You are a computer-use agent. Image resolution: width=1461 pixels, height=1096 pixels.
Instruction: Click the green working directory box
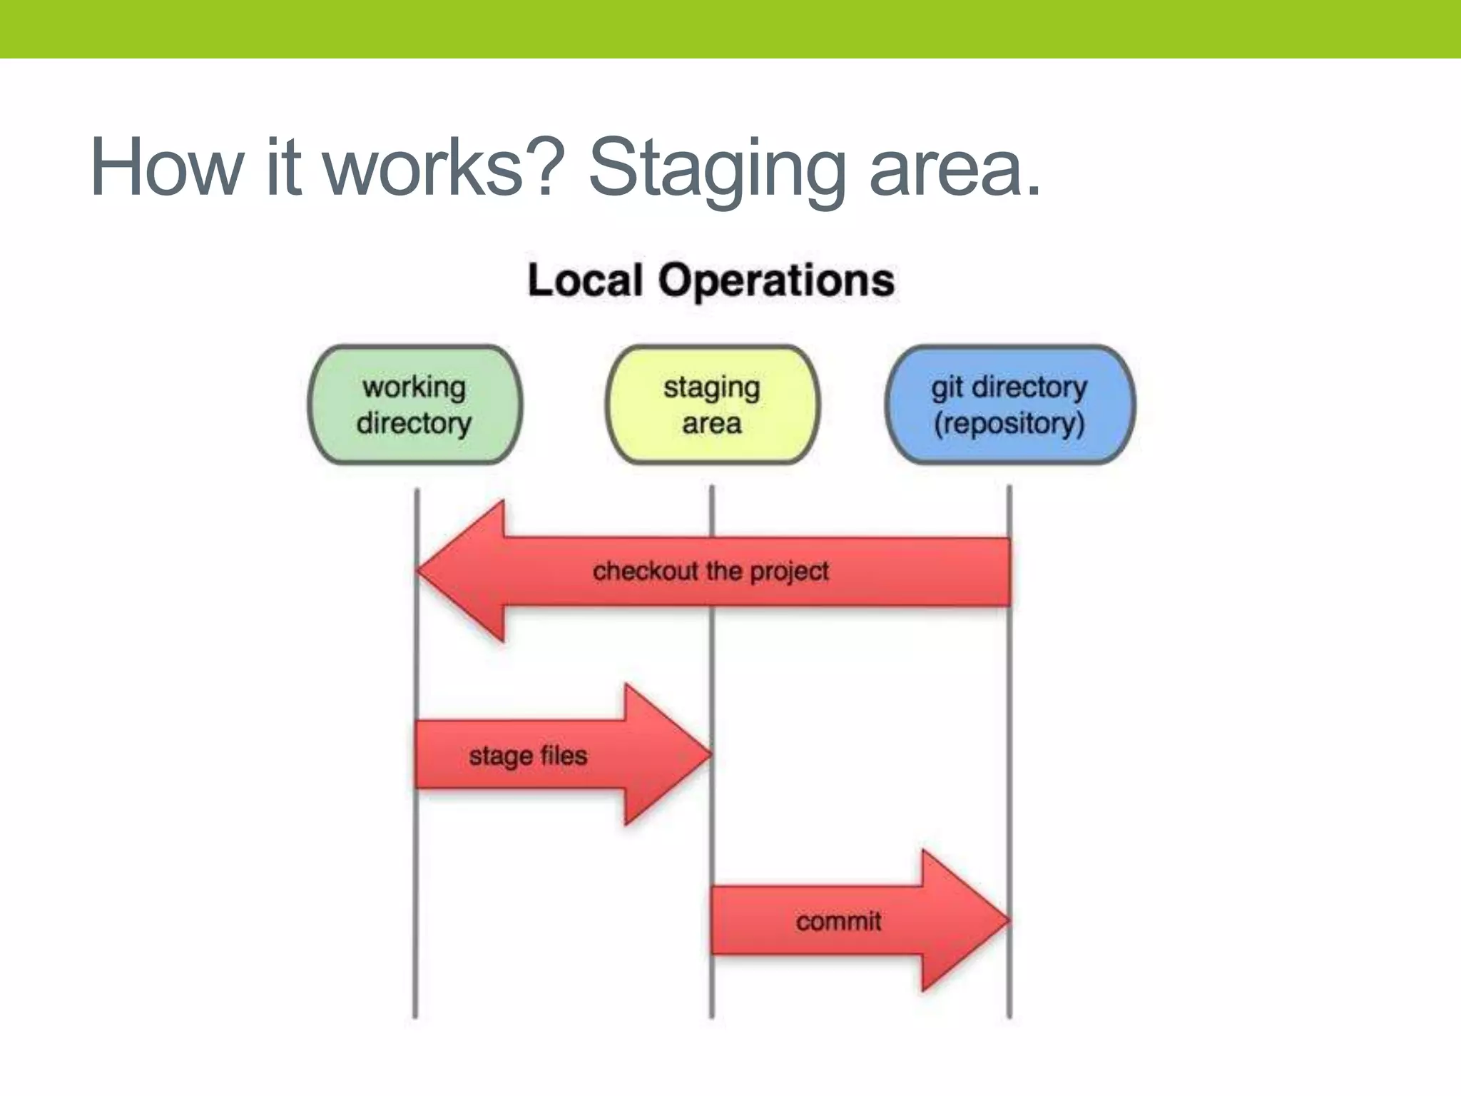(414, 405)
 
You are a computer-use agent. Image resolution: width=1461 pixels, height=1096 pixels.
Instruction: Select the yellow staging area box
(712, 405)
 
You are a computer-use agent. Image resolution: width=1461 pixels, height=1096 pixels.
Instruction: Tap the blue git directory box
(1009, 405)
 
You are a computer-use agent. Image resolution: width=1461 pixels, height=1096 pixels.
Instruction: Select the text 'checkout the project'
(711, 571)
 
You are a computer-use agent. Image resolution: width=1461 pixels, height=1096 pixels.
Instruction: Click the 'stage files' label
(528, 755)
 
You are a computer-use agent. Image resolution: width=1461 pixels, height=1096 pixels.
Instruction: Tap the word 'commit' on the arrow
(838, 921)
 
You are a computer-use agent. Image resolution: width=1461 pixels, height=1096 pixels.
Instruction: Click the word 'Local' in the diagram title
(585, 280)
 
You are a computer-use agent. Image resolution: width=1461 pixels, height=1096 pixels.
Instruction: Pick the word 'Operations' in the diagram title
(776, 281)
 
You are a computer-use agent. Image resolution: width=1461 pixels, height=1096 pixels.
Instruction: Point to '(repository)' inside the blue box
(1009, 423)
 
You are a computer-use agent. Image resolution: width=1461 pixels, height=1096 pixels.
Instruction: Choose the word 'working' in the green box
(414, 387)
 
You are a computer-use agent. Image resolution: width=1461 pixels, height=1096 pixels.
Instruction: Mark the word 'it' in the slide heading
(282, 168)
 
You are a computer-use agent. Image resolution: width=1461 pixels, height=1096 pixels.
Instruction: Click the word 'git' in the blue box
(947, 387)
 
